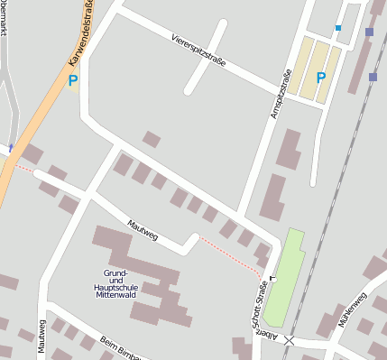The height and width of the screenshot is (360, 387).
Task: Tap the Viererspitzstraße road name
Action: click(198, 50)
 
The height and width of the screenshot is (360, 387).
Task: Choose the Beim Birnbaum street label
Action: click(122, 348)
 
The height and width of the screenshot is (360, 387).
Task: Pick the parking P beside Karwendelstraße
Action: click(74, 80)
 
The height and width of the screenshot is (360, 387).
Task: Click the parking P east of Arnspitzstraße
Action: click(321, 78)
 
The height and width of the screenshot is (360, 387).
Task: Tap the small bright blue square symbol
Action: click(338, 28)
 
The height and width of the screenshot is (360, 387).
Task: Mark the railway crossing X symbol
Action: click(289, 340)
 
